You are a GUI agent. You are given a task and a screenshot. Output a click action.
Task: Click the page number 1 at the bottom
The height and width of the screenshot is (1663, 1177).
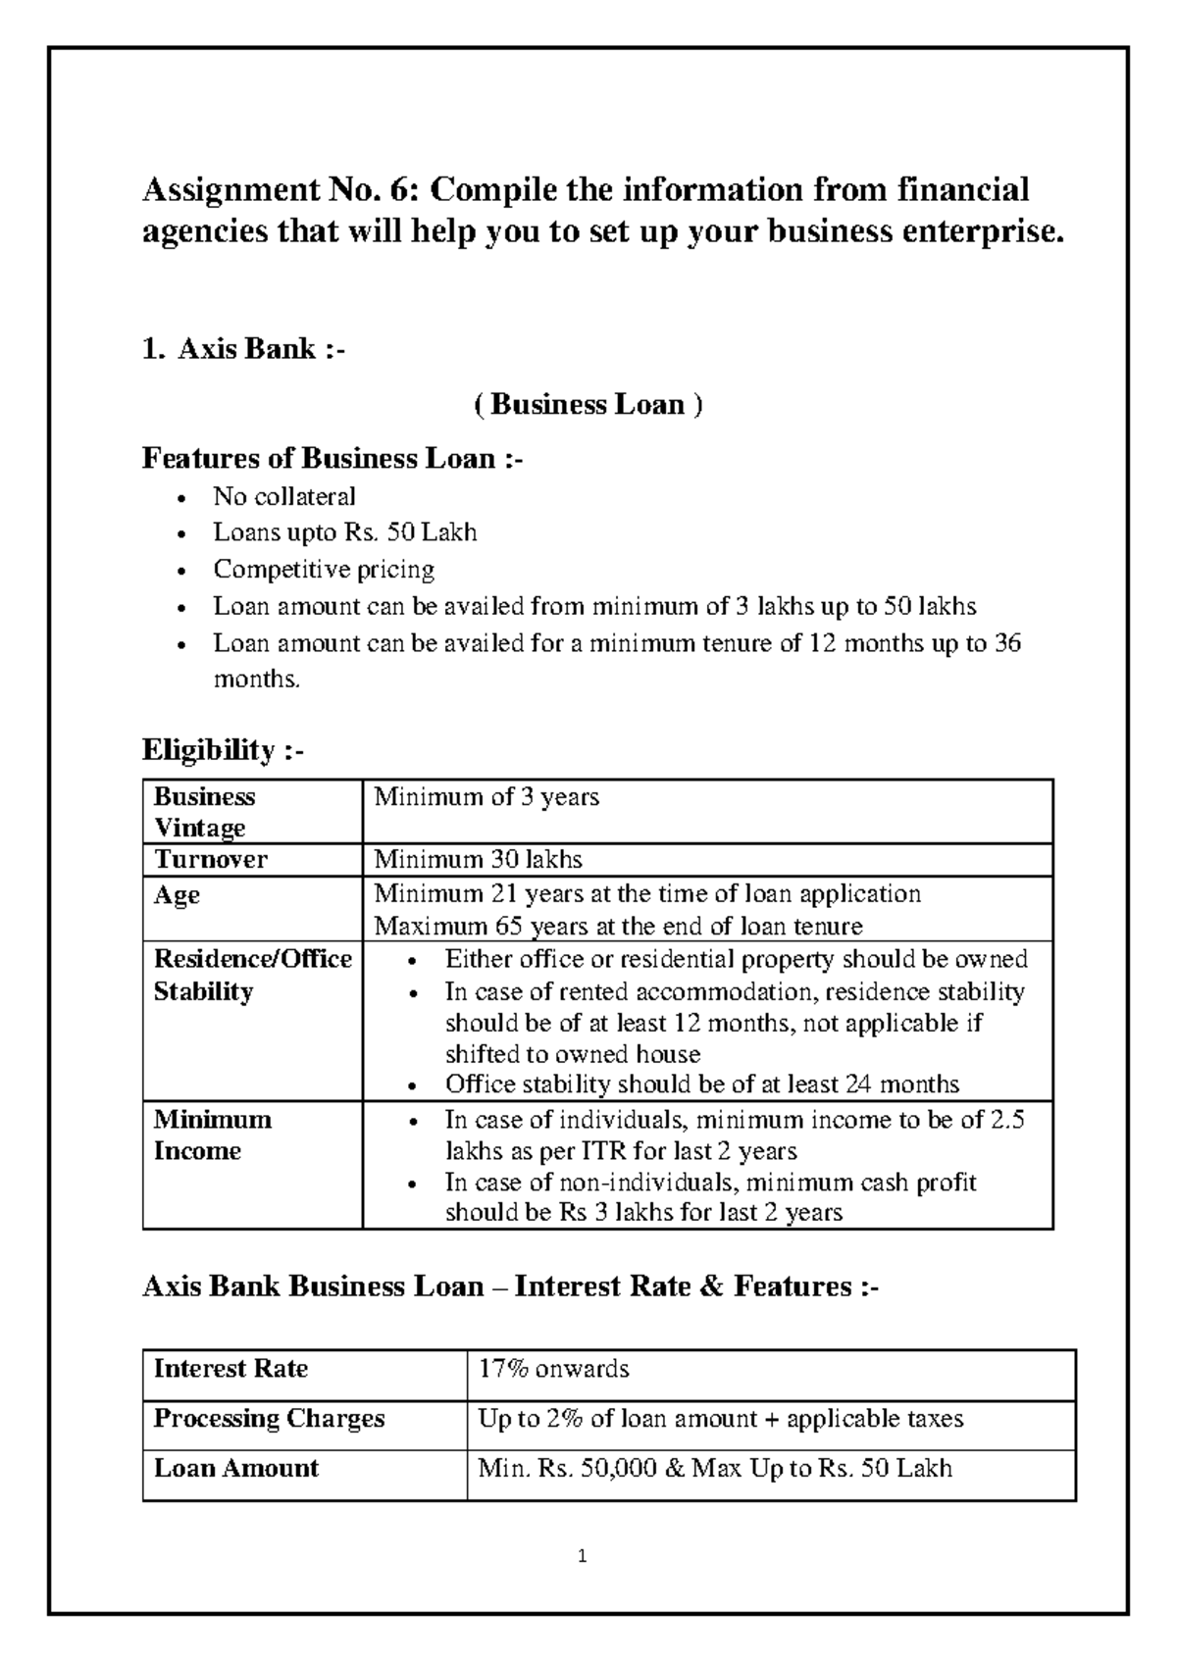pos(583,1556)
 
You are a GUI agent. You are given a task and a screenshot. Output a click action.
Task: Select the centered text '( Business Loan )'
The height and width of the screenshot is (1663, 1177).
pos(588,404)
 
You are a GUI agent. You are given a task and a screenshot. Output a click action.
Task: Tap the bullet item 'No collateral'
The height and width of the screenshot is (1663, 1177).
pos(284,496)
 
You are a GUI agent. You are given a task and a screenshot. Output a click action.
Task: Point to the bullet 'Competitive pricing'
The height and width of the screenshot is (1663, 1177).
pos(324,569)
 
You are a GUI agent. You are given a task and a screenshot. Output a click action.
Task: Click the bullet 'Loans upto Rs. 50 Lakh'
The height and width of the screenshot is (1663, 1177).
pos(345,532)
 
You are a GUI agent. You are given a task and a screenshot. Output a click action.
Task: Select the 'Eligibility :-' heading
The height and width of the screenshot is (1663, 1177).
pos(224,750)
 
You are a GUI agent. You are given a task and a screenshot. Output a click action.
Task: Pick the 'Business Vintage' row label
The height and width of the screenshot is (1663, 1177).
pos(204,812)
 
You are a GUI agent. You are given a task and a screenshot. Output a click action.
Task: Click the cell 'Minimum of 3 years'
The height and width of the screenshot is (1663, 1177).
pos(486,796)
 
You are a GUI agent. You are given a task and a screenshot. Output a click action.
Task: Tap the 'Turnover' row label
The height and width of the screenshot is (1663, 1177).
pos(210,860)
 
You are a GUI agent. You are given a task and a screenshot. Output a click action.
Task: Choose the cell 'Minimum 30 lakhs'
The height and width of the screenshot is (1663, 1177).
pos(479,860)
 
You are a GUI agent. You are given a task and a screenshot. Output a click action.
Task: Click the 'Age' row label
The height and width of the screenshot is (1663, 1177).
pos(177,894)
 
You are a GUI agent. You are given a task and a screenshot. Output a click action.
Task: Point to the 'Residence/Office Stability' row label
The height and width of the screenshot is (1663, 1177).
pos(252,975)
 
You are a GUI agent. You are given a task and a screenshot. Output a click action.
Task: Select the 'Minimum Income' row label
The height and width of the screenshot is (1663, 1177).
pos(212,1134)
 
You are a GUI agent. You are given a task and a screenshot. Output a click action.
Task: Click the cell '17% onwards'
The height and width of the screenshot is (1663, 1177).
pos(553,1369)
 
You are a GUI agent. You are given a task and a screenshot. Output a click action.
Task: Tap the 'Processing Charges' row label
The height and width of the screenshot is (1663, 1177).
pos(269,1419)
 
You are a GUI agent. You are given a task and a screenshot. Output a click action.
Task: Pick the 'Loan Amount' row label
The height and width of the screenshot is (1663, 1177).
pos(236,1468)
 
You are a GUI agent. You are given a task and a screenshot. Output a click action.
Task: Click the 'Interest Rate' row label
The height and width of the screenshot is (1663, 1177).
pos(230,1369)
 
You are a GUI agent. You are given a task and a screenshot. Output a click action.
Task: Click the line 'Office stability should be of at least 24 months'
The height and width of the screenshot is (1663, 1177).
pos(701,1083)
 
